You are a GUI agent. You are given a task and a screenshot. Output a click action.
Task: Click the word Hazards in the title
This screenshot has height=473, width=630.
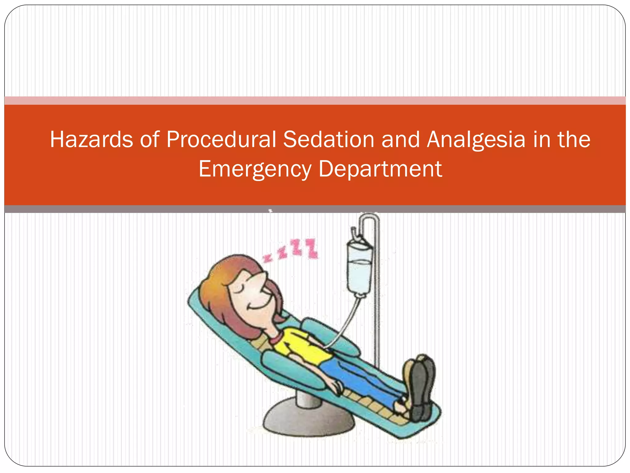click(91, 139)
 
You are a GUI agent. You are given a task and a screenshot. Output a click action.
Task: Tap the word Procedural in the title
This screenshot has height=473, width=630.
click(221, 139)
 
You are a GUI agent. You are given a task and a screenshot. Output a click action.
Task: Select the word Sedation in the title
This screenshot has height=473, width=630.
click(328, 139)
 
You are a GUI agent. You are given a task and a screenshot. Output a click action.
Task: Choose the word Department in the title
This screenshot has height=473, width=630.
click(380, 169)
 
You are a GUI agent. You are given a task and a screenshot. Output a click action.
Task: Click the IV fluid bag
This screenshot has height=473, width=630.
click(359, 268)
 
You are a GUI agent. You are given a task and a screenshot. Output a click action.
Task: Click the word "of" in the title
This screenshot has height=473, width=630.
click(150, 139)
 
